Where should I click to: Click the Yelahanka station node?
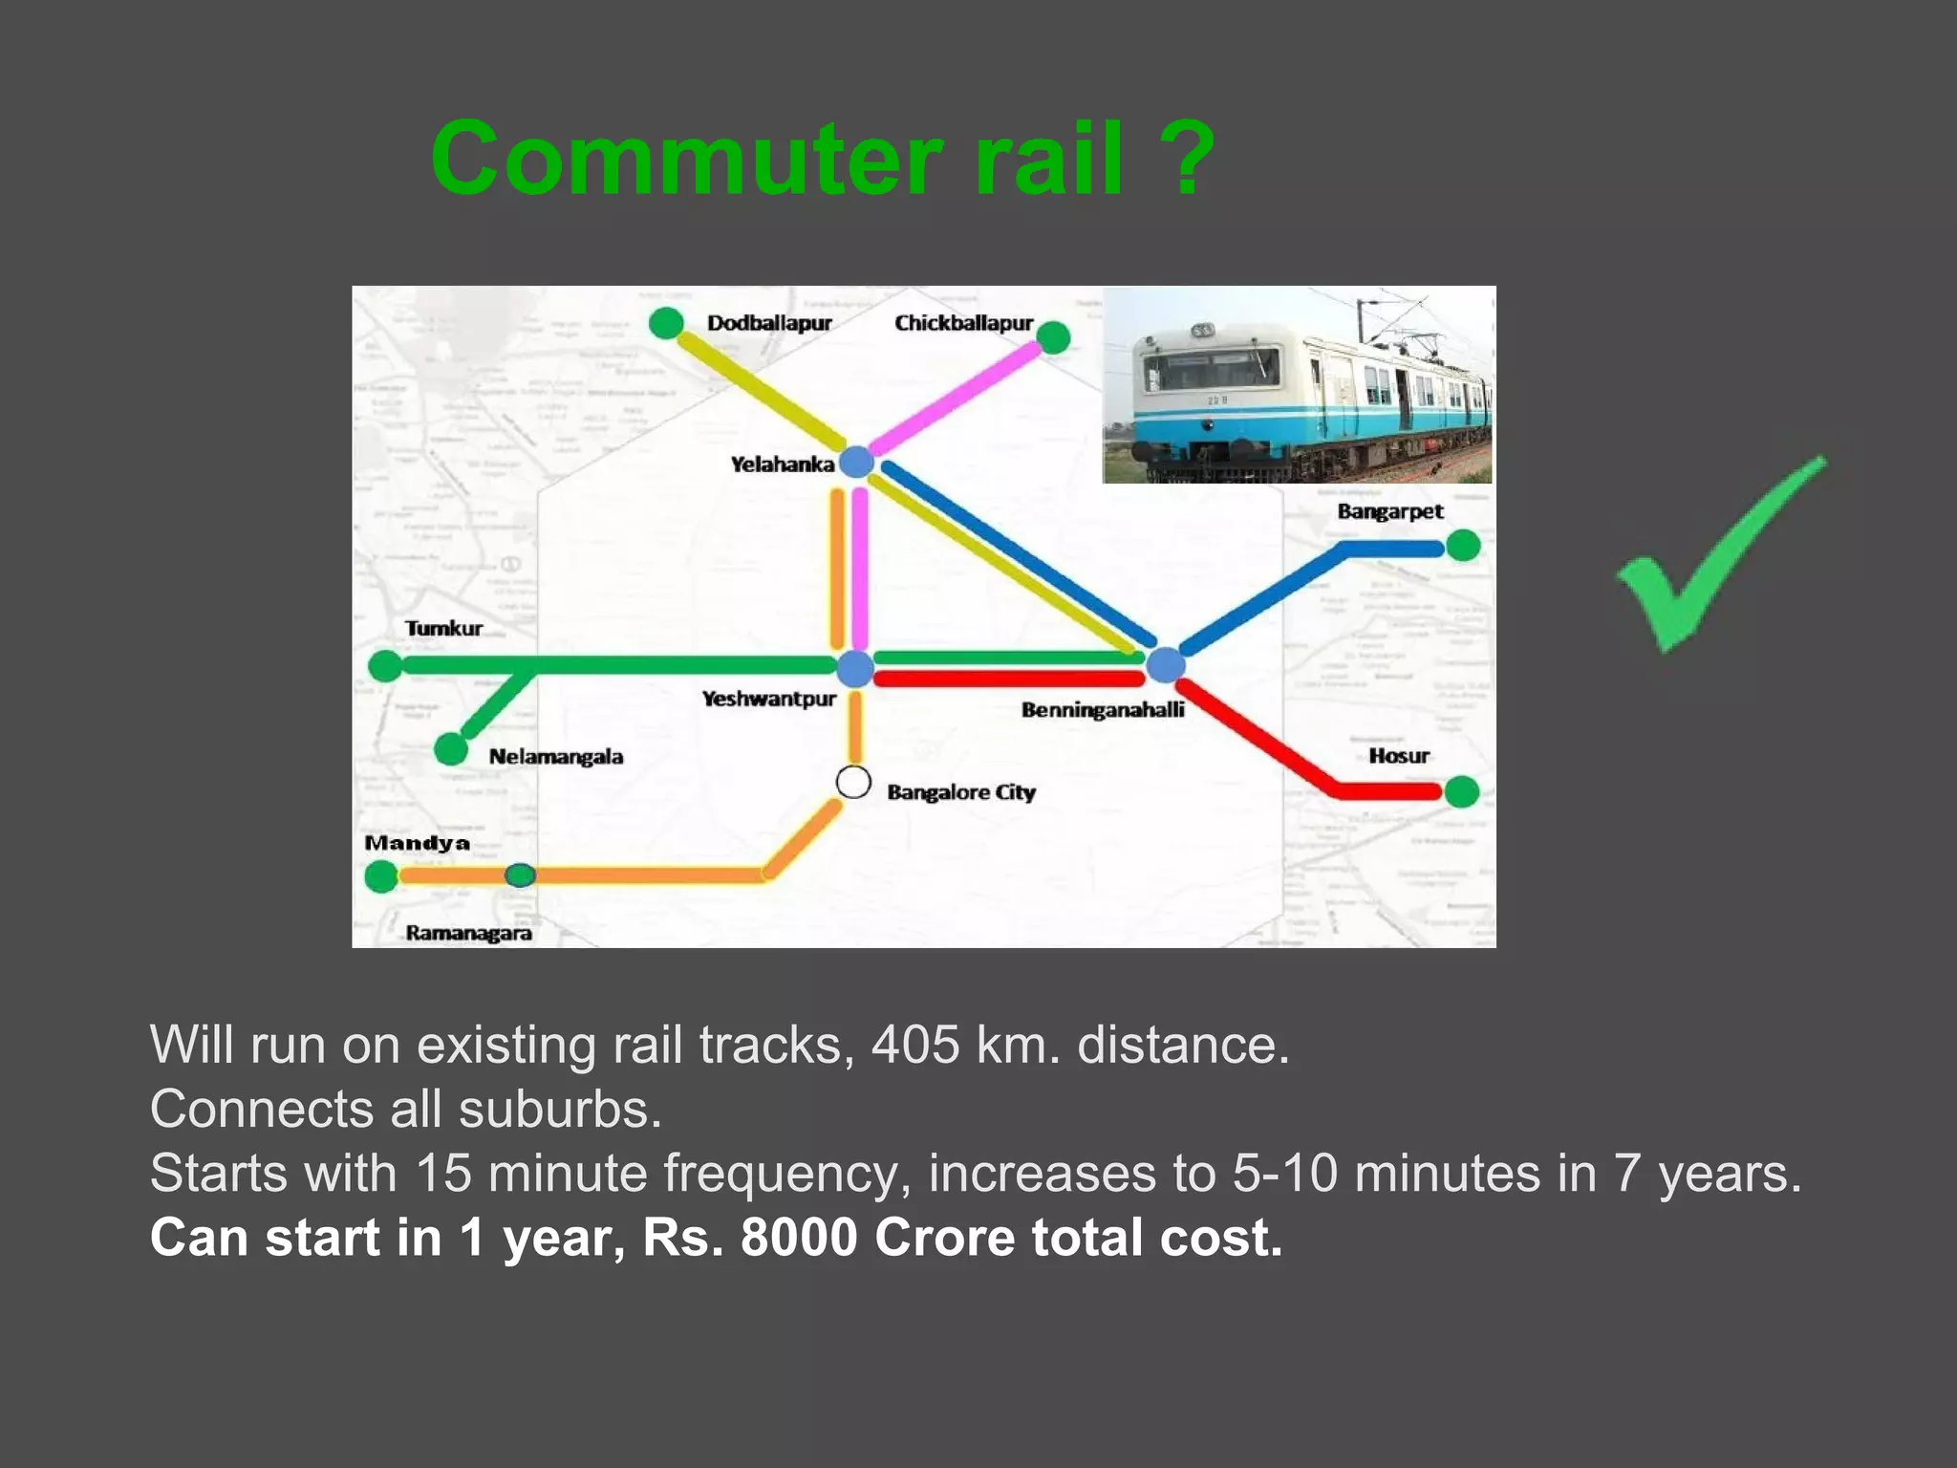point(856,462)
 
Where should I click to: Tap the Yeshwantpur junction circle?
point(855,668)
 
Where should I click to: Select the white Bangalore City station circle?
point(853,783)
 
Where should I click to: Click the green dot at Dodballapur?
point(666,323)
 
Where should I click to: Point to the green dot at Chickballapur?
point(1053,336)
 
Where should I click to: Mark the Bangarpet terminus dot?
point(1463,546)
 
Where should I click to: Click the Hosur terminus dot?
point(1462,791)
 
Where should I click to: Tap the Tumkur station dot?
point(385,665)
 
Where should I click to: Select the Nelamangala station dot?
point(451,748)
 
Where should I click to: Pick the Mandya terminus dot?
point(381,875)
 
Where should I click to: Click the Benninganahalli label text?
point(1102,710)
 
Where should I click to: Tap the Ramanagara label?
point(468,933)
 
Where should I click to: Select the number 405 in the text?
point(915,1045)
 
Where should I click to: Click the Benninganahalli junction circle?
point(1166,664)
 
